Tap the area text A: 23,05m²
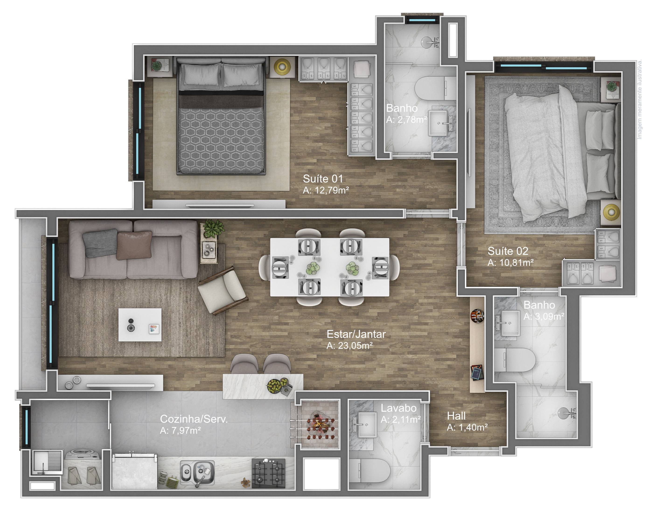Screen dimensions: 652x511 pyautogui.click(x=349, y=346)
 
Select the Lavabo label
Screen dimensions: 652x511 pyautogui.click(x=398, y=408)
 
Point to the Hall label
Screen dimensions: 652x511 pyautogui.click(x=456, y=416)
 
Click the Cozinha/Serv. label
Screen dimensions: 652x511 pyautogui.click(x=194, y=419)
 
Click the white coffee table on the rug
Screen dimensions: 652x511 pyautogui.click(x=140, y=325)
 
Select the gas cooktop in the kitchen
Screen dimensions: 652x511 pyautogui.click(x=268, y=473)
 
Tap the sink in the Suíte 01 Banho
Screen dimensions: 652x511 pyautogui.click(x=440, y=123)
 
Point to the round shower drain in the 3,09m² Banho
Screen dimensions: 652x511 pyautogui.click(x=565, y=413)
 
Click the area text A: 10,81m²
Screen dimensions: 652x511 pyautogui.click(x=511, y=263)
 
